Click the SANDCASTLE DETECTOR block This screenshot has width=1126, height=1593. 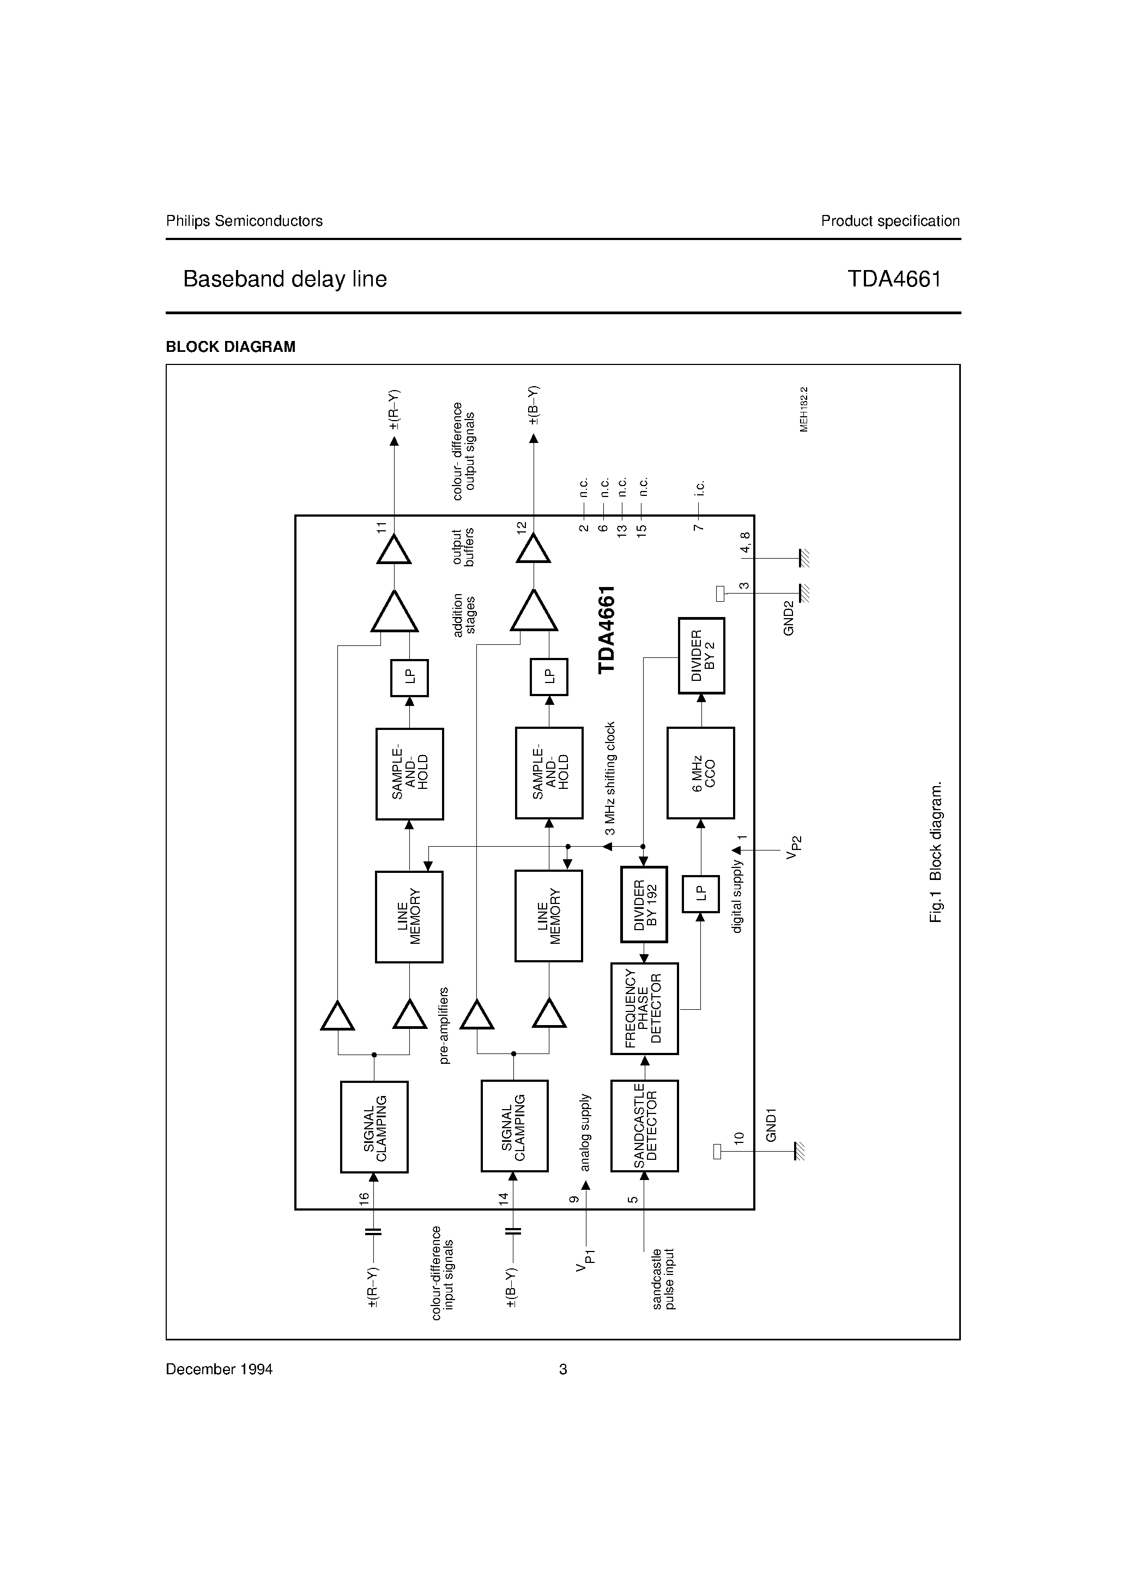tap(644, 1125)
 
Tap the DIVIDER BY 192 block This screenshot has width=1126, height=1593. tap(644, 904)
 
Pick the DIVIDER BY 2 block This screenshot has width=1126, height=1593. tap(701, 655)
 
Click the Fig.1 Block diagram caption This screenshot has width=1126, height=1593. tap(935, 853)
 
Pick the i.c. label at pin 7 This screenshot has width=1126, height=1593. tap(700, 488)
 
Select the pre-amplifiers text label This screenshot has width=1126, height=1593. tap(444, 1026)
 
